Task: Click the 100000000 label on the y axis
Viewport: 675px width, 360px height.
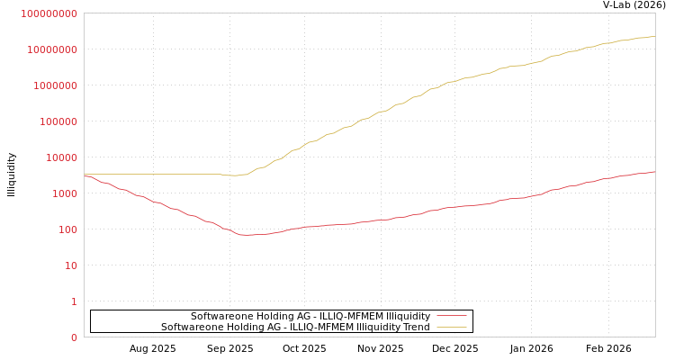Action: pyautogui.click(x=49, y=13)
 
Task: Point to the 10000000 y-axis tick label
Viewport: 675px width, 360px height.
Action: pyautogui.click(x=52, y=49)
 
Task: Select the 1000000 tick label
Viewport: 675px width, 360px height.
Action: pyautogui.click(x=55, y=85)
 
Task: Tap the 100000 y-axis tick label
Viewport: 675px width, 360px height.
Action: pyautogui.click(x=58, y=121)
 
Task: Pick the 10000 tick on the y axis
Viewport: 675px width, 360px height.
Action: pyautogui.click(x=61, y=157)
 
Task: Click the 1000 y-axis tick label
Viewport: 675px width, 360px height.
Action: pyautogui.click(x=65, y=193)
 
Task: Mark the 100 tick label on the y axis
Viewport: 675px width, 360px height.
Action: pyautogui.click(x=67, y=229)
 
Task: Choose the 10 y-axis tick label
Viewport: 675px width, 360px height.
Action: pyautogui.click(x=71, y=265)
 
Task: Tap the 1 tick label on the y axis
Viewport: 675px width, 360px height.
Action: pyautogui.click(x=74, y=301)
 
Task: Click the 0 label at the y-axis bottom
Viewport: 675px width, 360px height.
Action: pyautogui.click(x=74, y=337)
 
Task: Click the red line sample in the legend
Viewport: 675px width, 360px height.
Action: pyautogui.click(x=452, y=316)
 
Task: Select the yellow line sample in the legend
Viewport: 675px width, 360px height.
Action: pyautogui.click(x=452, y=327)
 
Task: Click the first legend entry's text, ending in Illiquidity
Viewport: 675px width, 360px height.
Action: pyautogui.click(x=310, y=316)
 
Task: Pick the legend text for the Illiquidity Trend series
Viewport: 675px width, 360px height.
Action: pyautogui.click(x=295, y=327)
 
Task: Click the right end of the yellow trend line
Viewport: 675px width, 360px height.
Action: pyautogui.click(x=654, y=37)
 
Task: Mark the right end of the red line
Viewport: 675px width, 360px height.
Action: pyautogui.click(x=654, y=171)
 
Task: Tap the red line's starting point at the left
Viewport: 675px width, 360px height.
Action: pyautogui.click(x=85, y=175)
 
